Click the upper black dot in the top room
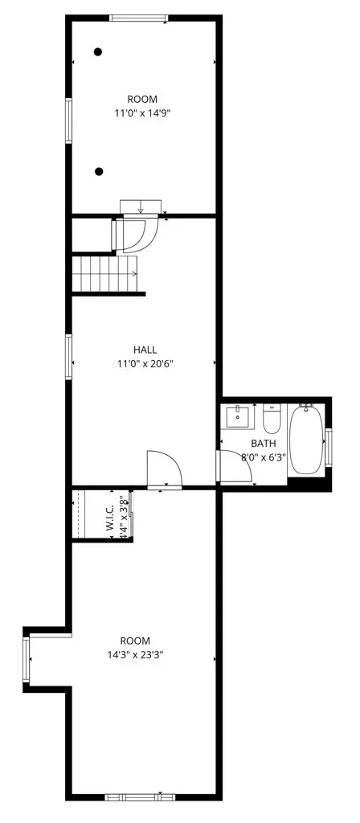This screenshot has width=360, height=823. coord(98,52)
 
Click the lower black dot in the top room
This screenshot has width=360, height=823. coord(98,171)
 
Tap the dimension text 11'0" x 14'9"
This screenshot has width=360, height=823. coord(142,114)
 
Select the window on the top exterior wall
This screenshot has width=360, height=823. coord(139,18)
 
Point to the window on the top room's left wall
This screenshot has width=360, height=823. coord(69,121)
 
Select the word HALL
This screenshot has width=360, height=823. coord(145,350)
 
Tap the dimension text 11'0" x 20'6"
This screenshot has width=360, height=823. coord(145,363)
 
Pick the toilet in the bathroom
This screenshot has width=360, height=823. coord(272,419)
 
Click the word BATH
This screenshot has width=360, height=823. coord(263,444)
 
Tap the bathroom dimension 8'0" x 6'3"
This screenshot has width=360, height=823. coord(263,457)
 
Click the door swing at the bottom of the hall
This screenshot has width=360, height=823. coord(163,469)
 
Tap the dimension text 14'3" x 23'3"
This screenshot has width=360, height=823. coord(136,654)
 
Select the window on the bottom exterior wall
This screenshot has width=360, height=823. coord(140,797)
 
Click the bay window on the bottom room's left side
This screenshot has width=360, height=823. coord(27,659)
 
